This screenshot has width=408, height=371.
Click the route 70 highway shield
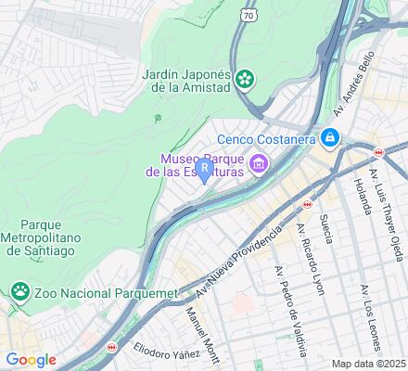tap(245, 16)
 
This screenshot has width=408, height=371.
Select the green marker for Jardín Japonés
tap(245, 80)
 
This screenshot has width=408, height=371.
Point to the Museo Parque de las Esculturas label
tap(195, 164)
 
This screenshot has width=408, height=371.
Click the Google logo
tap(31, 360)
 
